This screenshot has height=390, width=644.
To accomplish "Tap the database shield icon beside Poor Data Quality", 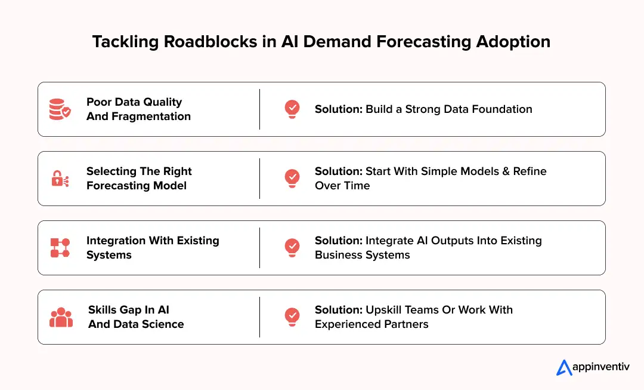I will click(x=60, y=109).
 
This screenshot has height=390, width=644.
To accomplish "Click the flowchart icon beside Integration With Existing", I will click(x=60, y=248).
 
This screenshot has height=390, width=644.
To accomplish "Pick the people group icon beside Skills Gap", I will click(x=61, y=317).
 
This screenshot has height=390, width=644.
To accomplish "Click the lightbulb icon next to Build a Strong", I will click(x=292, y=109).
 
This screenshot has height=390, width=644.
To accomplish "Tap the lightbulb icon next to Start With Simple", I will click(x=292, y=178).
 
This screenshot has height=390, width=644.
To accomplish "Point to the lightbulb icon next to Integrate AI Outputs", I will click(x=292, y=247).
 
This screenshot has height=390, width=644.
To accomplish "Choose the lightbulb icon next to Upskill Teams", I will click(x=292, y=317).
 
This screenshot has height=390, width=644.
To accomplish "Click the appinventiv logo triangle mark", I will click(x=564, y=367).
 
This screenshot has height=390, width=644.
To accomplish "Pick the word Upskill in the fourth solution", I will click(x=384, y=310).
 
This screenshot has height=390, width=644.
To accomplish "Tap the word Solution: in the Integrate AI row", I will click(x=338, y=241).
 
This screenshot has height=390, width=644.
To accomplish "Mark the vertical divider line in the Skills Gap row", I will click(x=260, y=317).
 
